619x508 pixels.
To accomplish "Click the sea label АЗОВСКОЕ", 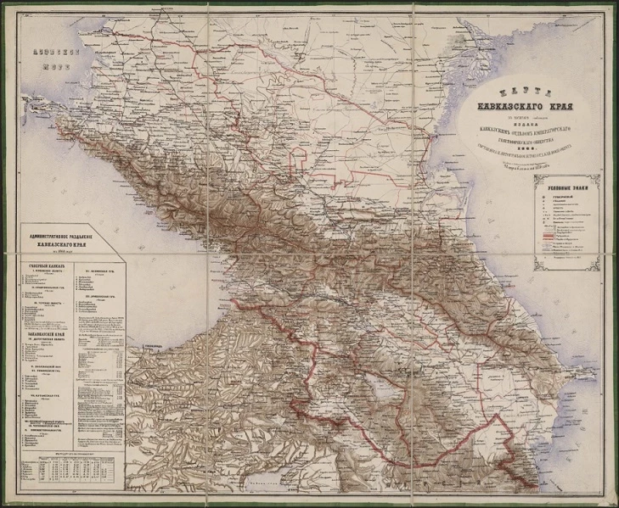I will pyautogui.click(x=55, y=52).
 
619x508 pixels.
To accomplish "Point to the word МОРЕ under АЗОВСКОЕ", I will pyautogui.click(x=55, y=63).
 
